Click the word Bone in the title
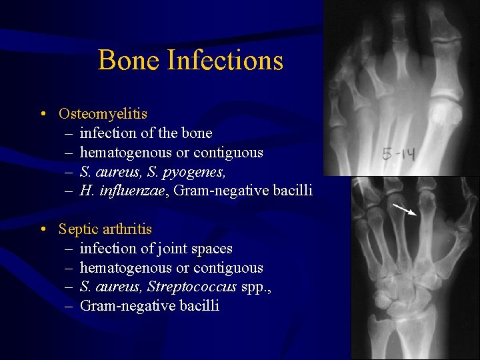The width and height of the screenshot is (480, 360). tap(129, 60)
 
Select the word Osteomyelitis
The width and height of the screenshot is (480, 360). tap(103, 114)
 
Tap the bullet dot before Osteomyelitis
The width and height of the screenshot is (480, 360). tap(43, 115)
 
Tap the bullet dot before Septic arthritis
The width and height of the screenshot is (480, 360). tap(43, 230)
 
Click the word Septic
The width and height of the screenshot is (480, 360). tap(78, 230)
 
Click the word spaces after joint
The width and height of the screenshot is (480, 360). tap(211, 249)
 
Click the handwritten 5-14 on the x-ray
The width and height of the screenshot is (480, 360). tap(399, 155)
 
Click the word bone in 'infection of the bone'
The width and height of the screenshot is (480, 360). tap(197, 133)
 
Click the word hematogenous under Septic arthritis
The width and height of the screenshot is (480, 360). tap(125, 268)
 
